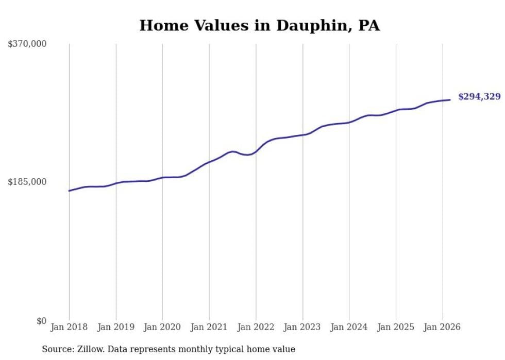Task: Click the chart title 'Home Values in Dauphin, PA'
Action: pos(259,25)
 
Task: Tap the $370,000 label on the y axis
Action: pos(27,44)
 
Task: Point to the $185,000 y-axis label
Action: pos(27,182)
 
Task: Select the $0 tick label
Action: pos(41,321)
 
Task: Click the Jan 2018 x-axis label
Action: pos(69,327)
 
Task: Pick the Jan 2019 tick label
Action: pos(116,327)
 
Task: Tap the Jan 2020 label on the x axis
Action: pos(162,327)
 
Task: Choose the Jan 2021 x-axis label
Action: pos(209,327)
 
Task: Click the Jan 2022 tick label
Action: pos(256,327)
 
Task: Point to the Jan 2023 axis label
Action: pos(302,327)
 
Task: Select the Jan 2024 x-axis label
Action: pos(349,327)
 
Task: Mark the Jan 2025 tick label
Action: pos(396,327)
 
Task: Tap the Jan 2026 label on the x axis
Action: pos(442,327)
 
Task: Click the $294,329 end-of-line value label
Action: pos(479,96)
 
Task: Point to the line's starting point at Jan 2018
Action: pos(69,191)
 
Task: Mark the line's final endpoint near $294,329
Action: pos(450,100)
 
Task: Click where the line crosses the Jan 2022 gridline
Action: pos(256,151)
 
